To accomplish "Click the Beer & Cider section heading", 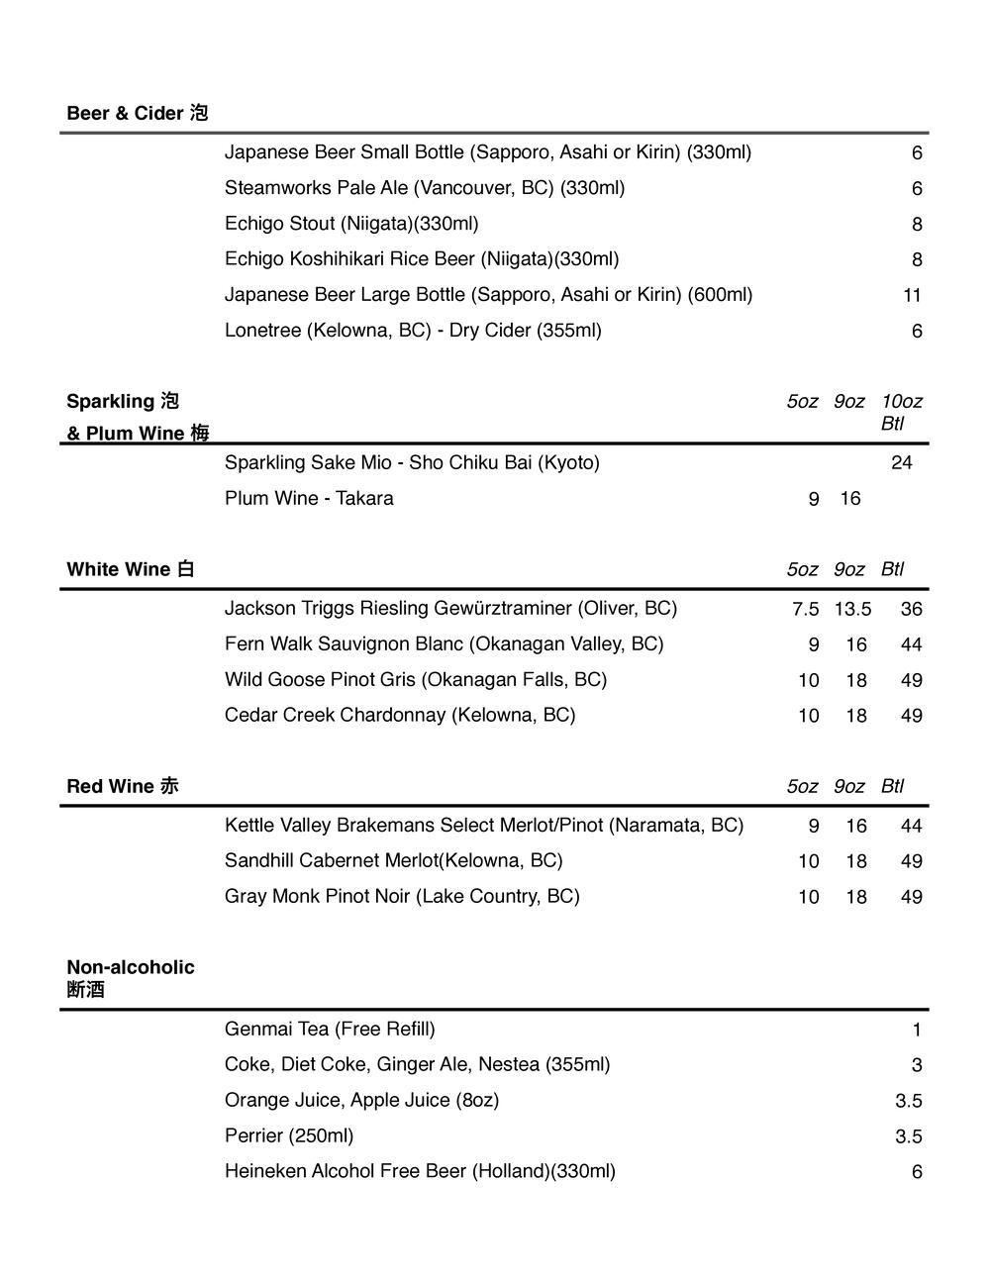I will point(137,114).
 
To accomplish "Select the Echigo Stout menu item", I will point(351,224).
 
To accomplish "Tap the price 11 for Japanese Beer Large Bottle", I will point(912,295).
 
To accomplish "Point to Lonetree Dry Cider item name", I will point(413,331).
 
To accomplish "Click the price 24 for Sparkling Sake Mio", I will point(901,462).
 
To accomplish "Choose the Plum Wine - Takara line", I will point(309,498).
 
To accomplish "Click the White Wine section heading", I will point(130,569).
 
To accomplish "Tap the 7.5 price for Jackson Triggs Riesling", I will point(805,609).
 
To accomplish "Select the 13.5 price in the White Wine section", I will point(852,609).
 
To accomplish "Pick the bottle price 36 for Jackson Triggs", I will point(911,609).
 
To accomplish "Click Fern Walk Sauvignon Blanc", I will point(444,644).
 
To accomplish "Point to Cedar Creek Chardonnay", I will point(399,715).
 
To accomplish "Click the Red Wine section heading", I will point(123,786).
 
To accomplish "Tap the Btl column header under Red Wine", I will point(892,786).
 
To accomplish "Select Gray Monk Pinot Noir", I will point(402,896).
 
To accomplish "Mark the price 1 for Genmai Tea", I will point(917,1030).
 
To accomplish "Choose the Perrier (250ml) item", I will point(289,1135).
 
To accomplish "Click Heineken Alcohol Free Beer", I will point(420,1171).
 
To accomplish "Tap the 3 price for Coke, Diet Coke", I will point(917,1065).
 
